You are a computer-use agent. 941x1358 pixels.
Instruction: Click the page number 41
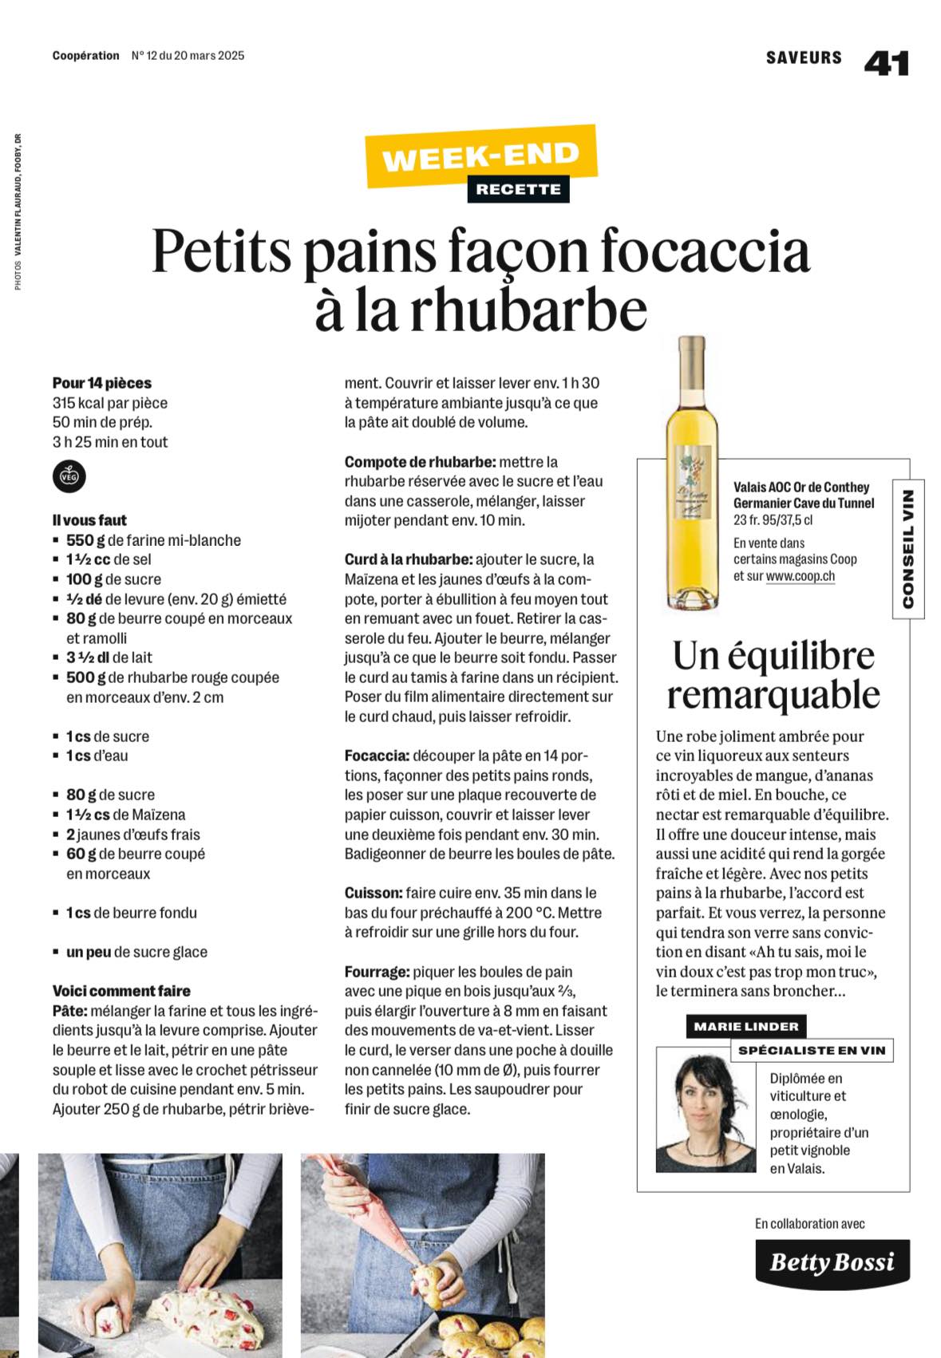[886, 63]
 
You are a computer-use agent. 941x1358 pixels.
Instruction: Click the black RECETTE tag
[518, 190]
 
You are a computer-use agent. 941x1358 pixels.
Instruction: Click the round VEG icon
[69, 476]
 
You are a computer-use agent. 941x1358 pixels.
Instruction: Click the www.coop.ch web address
[800, 576]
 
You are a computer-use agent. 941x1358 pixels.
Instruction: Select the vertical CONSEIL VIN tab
[908, 549]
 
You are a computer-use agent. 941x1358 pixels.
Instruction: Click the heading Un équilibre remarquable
[773, 675]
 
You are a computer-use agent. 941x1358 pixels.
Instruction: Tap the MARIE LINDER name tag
[745, 1026]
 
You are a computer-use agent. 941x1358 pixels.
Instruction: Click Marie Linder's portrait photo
[706, 1110]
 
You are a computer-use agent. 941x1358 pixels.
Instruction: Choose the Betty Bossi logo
[832, 1262]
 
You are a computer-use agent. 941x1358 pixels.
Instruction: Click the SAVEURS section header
[803, 57]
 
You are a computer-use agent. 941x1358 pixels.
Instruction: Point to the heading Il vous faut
[89, 520]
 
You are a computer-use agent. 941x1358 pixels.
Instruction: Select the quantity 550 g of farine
[85, 540]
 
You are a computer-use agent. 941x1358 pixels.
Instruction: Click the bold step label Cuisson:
[373, 893]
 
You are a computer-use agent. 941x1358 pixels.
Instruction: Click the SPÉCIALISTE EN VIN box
[812, 1050]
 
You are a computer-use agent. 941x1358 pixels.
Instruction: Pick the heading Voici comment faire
[121, 991]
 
